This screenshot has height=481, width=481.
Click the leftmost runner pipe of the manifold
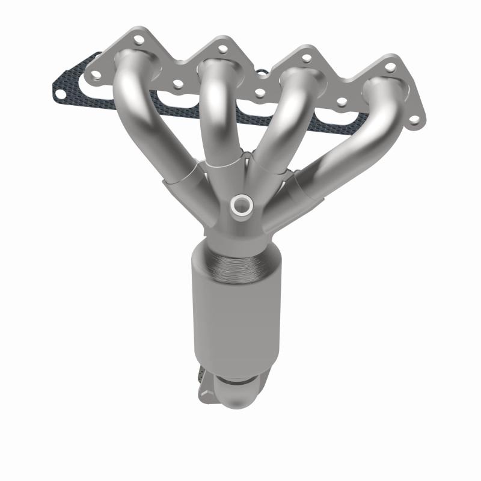[147, 120]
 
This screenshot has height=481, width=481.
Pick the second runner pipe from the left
[213, 108]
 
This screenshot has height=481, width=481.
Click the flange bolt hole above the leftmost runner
[138, 41]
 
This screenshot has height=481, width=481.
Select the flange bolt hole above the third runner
[307, 58]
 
